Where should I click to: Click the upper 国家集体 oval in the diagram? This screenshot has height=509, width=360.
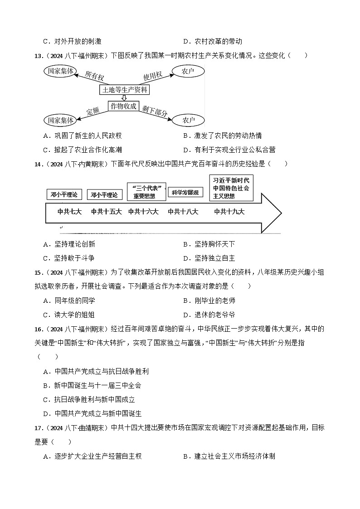(x=60, y=71)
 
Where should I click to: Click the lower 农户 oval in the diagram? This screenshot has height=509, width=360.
(x=188, y=120)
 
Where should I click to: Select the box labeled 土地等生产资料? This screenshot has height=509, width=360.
(x=125, y=89)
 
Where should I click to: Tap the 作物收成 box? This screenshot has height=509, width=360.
(x=123, y=106)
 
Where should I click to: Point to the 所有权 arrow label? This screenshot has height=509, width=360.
(x=94, y=76)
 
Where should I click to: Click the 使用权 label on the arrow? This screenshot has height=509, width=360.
(x=152, y=76)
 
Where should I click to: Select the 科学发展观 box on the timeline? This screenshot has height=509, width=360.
(x=185, y=192)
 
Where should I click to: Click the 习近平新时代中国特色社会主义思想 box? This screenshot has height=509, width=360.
(x=231, y=188)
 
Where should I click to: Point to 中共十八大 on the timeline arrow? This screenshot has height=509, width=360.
(x=183, y=211)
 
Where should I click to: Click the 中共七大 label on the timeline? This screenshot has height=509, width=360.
(x=70, y=211)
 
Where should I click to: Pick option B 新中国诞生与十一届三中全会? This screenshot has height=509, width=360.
(x=92, y=385)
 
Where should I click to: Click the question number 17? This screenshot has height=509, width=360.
(x=38, y=427)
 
